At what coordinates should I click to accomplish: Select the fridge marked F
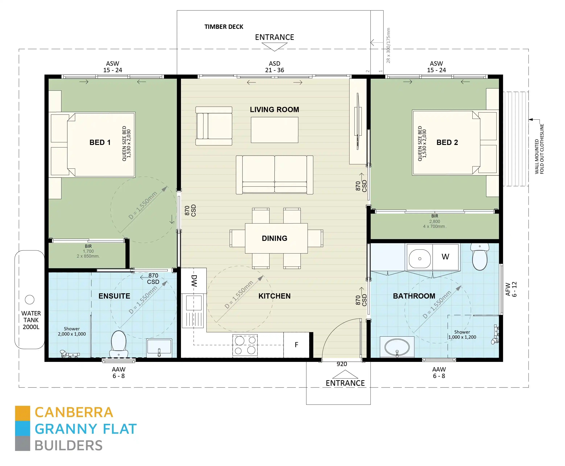click(x=296, y=345)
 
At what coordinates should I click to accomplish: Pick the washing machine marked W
click(x=445, y=257)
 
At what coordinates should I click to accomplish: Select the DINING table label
click(x=275, y=238)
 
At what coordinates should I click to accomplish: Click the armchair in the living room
click(x=214, y=126)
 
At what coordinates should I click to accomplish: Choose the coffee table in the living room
click(x=275, y=130)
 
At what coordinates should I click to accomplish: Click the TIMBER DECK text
click(x=224, y=27)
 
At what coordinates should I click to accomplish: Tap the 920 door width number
click(x=342, y=364)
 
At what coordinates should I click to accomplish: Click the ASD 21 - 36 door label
click(x=275, y=67)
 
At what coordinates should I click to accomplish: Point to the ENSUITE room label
click(x=114, y=296)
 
